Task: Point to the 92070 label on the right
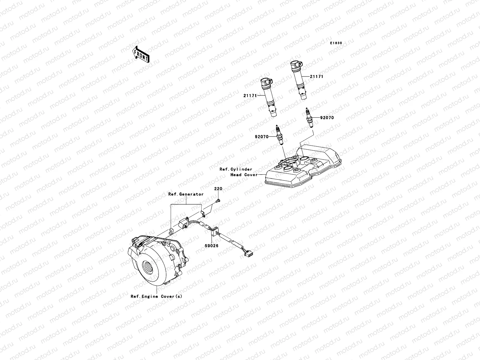327,118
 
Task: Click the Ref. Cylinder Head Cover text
238,172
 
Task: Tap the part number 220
218,189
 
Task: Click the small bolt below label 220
218,200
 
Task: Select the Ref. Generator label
186,194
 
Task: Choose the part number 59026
212,245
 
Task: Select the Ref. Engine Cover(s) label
156,296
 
